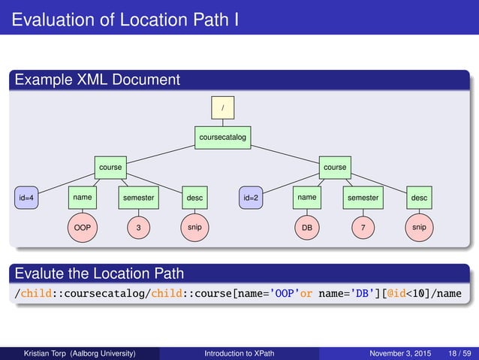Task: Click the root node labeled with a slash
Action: (222, 108)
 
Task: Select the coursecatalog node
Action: (222, 138)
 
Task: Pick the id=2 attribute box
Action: (251, 198)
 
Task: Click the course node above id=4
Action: (110, 167)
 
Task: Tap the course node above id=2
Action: (334, 167)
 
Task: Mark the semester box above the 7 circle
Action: (363, 198)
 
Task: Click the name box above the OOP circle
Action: (83, 198)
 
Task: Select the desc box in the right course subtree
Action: (419, 198)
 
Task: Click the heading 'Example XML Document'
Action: (98, 79)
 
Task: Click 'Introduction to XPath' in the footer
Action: (239, 352)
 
